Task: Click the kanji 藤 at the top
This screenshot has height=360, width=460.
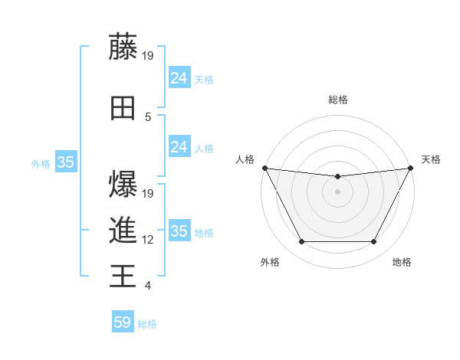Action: point(123,47)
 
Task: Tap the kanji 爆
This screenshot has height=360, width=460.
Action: point(123,184)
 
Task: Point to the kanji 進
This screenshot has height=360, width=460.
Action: point(123,230)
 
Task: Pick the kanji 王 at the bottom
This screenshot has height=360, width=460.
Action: point(123,276)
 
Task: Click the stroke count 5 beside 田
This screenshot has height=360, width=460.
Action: point(148,116)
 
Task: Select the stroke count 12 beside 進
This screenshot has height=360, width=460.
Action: point(149,240)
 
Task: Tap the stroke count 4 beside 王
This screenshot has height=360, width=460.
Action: point(148,286)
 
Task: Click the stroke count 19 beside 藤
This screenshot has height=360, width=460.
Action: point(149,55)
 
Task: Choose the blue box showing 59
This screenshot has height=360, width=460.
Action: point(123,322)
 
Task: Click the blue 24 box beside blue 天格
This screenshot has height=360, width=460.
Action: point(179,77)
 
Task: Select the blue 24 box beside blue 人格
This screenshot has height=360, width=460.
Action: point(179,147)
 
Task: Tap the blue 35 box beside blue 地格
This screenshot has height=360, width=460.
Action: point(179,231)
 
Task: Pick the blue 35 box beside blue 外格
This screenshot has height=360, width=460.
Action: point(65,162)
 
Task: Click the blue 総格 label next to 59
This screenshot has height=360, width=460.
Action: point(147,324)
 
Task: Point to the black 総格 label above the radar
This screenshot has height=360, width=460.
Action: point(337,100)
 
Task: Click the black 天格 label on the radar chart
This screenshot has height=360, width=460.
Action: point(431,159)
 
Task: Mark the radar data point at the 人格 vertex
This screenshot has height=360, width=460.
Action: point(264,168)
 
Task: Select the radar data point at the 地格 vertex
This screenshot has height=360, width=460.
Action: point(373,242)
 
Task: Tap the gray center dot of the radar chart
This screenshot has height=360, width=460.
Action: point(337,191)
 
